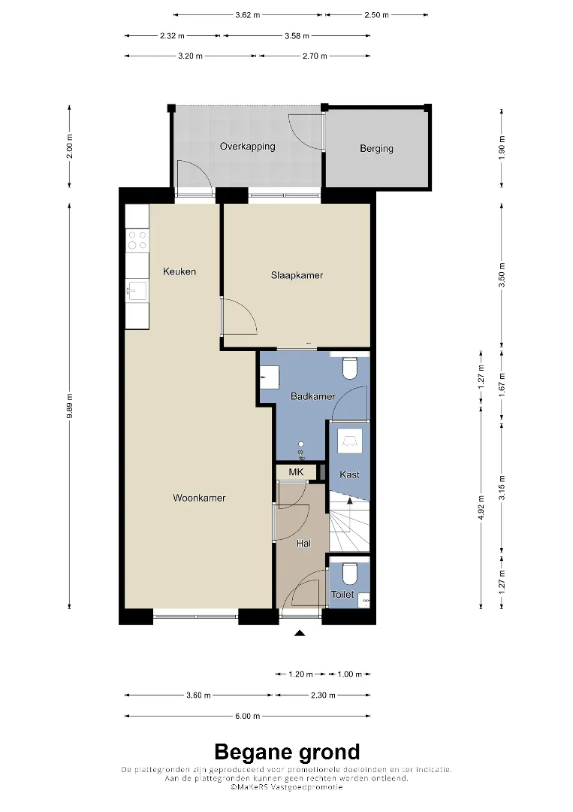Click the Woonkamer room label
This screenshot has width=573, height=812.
199,498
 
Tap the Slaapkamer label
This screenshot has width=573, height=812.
297,275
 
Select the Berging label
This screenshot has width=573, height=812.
376,149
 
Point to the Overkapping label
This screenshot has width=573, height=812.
247,147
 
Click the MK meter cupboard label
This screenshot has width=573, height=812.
297,472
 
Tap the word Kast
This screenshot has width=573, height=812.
350,474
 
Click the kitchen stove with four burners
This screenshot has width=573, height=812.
137,240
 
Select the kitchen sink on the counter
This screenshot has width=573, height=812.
137,290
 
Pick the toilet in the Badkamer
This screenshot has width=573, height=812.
350,367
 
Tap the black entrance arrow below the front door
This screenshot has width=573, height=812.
300,633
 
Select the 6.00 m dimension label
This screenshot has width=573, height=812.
247,717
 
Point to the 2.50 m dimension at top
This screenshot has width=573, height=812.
376,15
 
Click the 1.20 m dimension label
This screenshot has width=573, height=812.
300,674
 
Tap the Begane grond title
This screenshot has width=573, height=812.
287,751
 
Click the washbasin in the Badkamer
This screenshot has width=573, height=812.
270,377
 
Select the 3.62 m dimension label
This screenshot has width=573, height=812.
247,15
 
